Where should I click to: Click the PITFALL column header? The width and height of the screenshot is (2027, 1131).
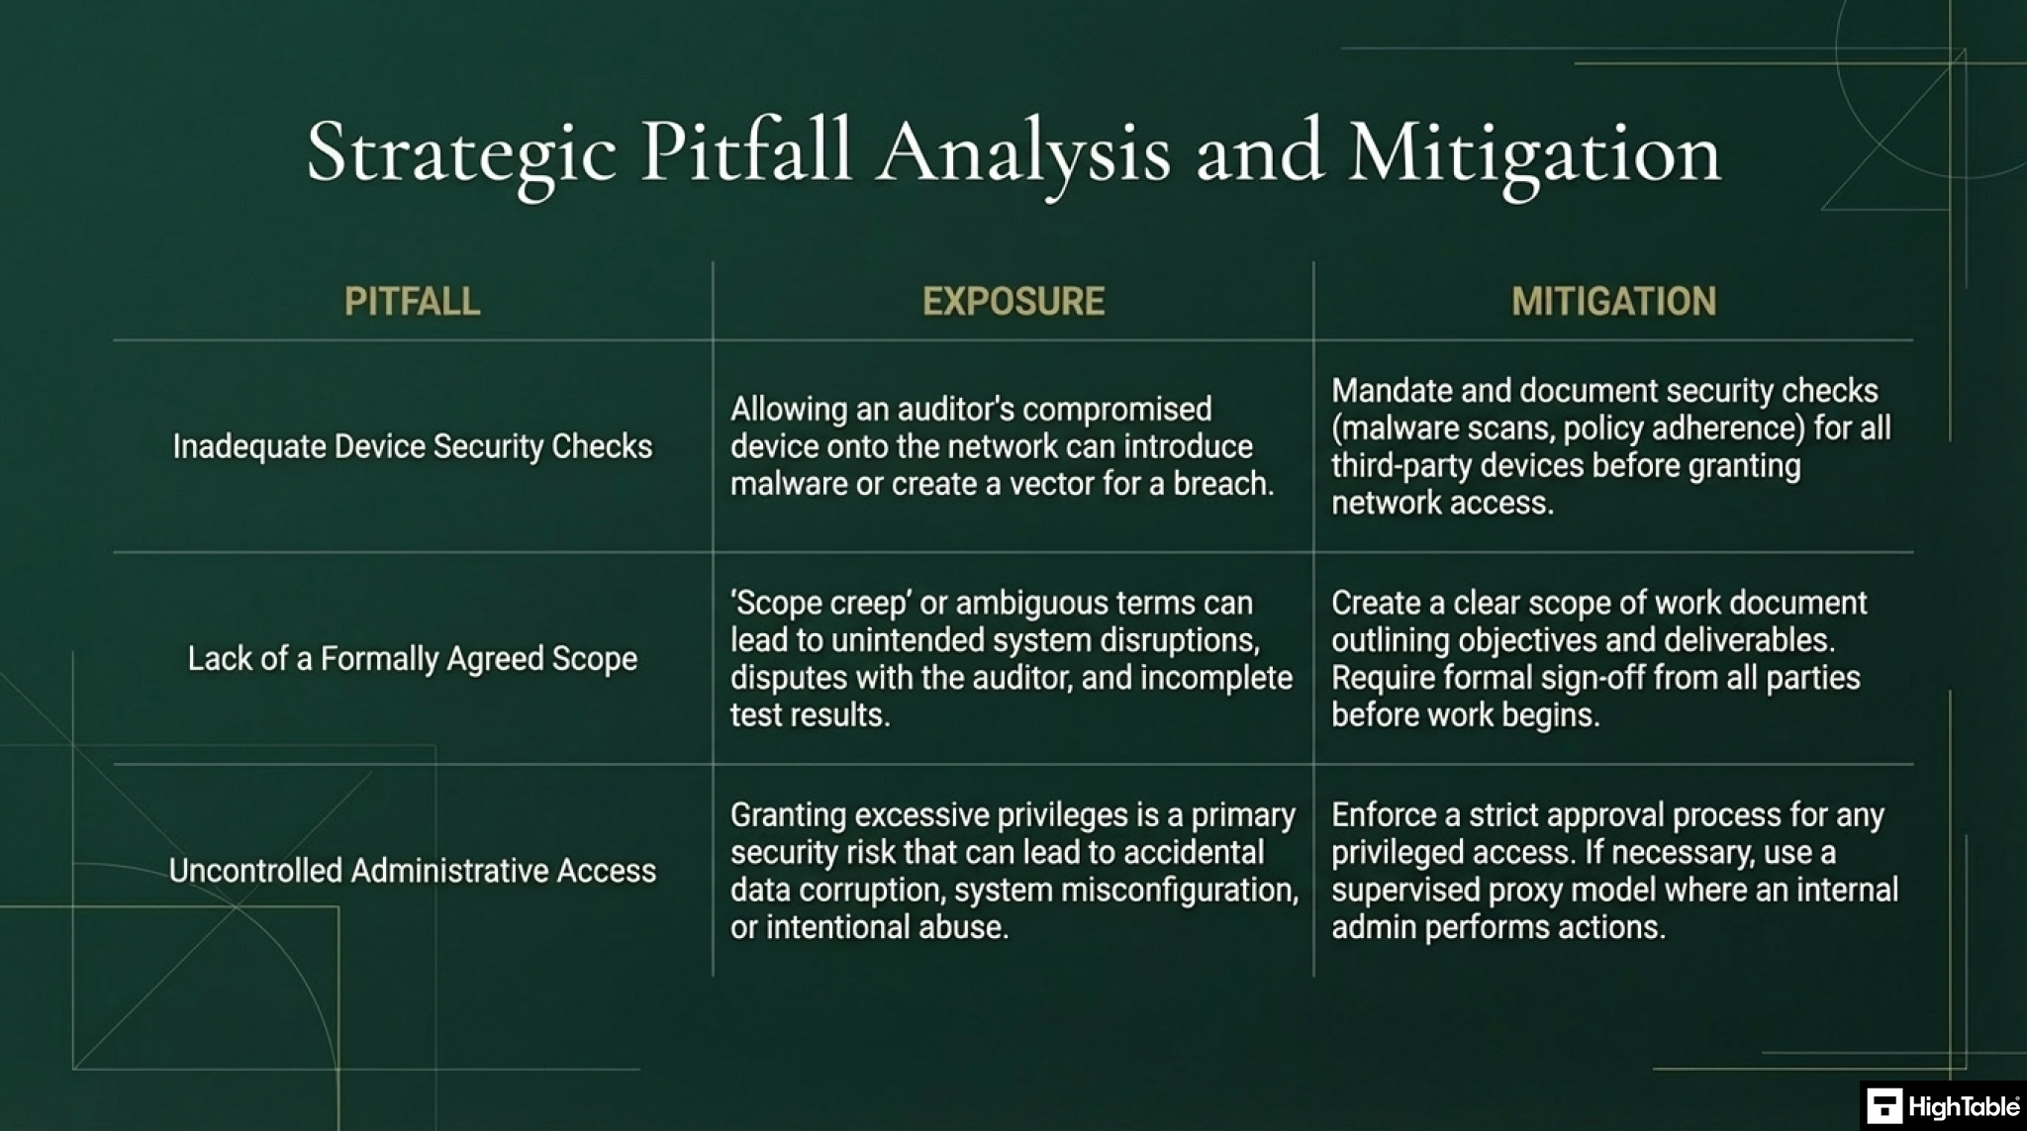412,302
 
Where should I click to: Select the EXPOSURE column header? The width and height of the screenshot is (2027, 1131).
1013,302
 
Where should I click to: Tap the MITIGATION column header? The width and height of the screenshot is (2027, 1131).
1613,302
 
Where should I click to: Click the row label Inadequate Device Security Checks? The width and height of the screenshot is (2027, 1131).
413,446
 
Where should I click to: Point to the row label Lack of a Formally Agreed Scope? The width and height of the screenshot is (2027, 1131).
413,658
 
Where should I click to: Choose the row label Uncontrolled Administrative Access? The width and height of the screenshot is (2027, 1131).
413,871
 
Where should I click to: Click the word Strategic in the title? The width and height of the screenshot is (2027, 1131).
461,154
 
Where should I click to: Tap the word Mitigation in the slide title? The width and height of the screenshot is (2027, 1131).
1534,154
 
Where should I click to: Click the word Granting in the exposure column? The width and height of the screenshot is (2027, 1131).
789,816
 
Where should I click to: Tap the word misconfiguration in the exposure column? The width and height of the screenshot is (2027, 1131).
1181,891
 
